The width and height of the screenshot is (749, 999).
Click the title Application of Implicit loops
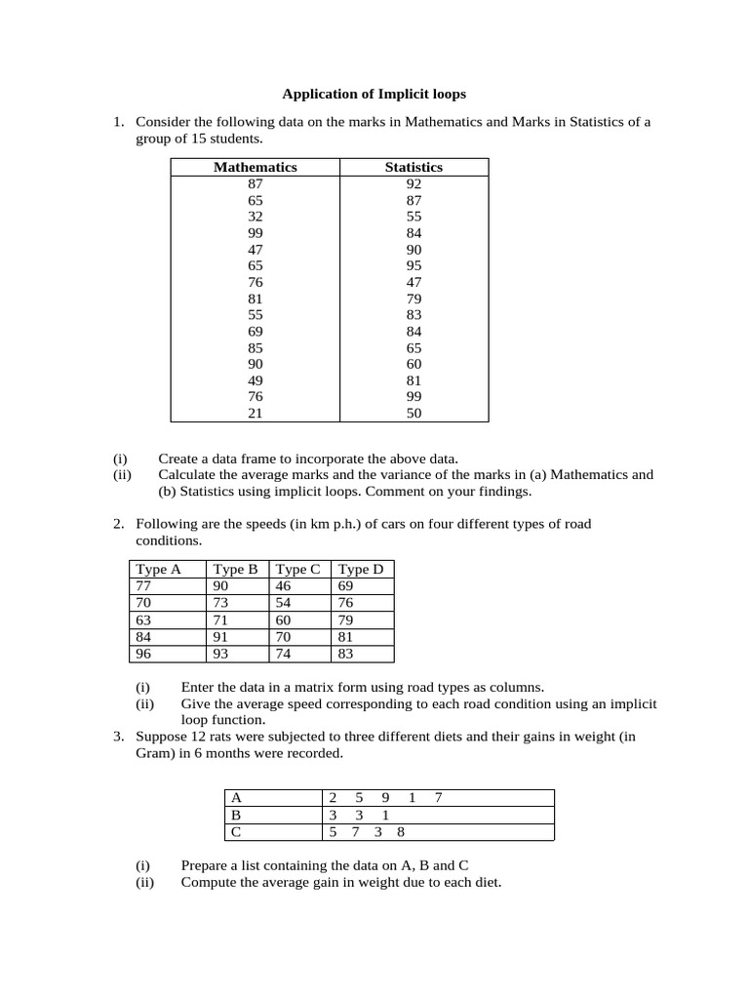pyautogui.click(x=374, y=95)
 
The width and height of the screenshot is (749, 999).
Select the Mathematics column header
pyautogui.click(x=256, y=167)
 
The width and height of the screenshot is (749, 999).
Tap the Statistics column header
pyautogui.click(x=414, y=167)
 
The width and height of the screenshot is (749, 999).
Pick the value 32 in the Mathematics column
pyautogui.click(x=256, y=217)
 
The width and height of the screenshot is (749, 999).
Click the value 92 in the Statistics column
pyautogui.click(x=414, y=183)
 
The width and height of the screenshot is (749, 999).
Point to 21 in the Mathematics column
pyautogui.click(x=256, y=414)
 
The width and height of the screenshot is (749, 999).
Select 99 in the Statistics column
pyautogui.click(x=414, y=397)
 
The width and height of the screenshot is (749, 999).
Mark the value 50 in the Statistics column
pyautogui.click(x=414, y=414)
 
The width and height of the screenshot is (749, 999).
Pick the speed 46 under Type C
pyautogui.click(x=284, y=585)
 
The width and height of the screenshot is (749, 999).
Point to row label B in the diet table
pyautogui.click(x=234, y=815)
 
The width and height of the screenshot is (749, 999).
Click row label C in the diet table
pyautogui.click(x=234, y=832)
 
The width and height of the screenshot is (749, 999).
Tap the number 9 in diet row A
pyautogui.click(x=385, y=798)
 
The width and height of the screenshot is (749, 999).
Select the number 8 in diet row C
pyautogui.click(x=401, y=832)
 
